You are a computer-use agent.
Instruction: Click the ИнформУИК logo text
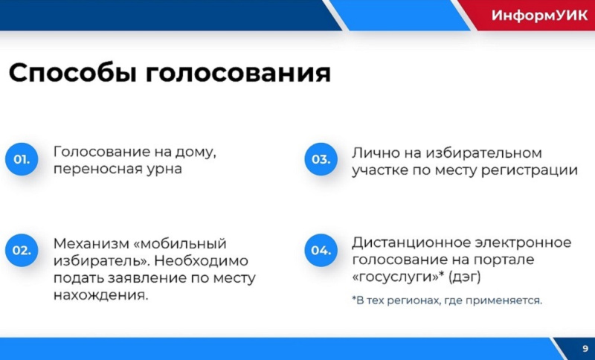coord(540,16)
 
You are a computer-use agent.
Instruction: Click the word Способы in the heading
coord(73,74)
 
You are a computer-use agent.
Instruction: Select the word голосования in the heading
coord(238,74)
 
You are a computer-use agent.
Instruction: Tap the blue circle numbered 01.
coord(22,159)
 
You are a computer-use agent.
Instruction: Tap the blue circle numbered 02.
coord(22,251)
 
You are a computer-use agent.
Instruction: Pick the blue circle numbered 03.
coord(321,159)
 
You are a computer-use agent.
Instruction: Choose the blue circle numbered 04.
coord(321,251)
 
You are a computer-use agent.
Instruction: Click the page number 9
coord(585,349)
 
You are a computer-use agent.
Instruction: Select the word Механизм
coord(91,243)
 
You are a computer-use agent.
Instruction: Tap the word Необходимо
coord(202,260)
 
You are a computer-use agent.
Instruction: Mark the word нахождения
coord(100,295)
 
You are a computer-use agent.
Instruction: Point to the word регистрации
coord(530,171)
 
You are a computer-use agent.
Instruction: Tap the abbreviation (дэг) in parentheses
coord(465,277)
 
